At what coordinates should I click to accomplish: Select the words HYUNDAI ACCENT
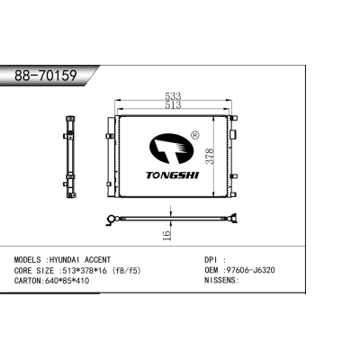pyautogui.click(x=83, y=259)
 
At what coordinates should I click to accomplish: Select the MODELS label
pyautogui.click(x=25, y=259)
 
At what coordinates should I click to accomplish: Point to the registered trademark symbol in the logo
pyautogui.click(x=193, y=137)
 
